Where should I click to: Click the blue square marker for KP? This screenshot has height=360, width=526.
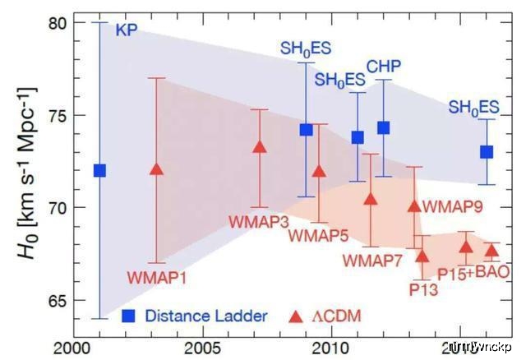[x=99, y=170]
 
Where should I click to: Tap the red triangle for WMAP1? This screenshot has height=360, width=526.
[x=158, y=169]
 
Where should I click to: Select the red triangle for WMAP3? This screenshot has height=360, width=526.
[x=260, y=147]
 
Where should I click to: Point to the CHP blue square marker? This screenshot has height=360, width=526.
[x=383, y=127]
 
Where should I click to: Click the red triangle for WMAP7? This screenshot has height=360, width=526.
[x=371, y=198]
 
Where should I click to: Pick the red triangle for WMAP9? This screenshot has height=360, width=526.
[x=414, y=205]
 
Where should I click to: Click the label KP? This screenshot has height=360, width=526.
[x=127, y=31]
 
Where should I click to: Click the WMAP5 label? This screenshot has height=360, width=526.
[x=319, y=236]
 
